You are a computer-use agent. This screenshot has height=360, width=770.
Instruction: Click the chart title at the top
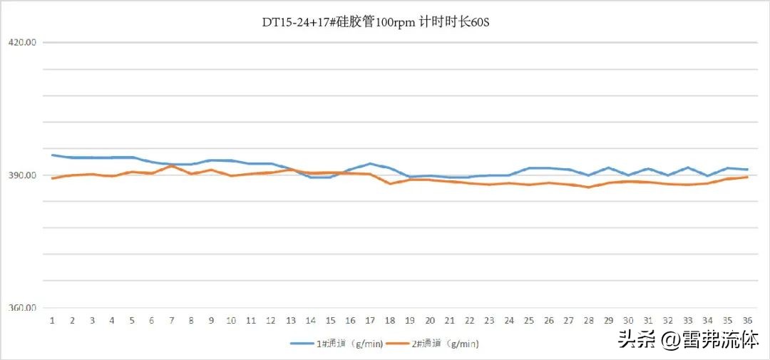click(376, 22)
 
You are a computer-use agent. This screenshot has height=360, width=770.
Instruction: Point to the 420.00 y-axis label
click(21, 42)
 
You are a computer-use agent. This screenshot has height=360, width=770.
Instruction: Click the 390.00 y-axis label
click(21, 175)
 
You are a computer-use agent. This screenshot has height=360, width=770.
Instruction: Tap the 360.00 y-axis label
click(21, 309)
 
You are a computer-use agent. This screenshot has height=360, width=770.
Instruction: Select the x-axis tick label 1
click(52, 321)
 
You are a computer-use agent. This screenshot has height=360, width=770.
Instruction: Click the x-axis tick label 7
click(171, 321)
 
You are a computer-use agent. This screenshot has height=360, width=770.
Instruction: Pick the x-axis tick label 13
click(290, 321)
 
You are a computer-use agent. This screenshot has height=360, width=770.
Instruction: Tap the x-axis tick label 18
click(390, 321)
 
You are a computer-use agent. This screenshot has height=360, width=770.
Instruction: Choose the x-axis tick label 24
click(509, 321)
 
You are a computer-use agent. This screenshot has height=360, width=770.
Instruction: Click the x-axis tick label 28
click(588, 321)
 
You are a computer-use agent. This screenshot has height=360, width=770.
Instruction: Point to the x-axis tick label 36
click(747, 321)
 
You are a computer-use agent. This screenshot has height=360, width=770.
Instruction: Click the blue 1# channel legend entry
click(337, 344)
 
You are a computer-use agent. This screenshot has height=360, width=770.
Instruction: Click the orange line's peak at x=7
click(171, 165)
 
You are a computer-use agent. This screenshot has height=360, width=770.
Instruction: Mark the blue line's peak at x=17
click(370, 163)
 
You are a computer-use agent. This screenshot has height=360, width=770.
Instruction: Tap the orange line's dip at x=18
click(390, 184)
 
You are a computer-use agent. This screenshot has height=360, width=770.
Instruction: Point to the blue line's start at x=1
click(52, 155)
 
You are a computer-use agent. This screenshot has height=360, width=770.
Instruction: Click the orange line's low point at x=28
click(588, 187)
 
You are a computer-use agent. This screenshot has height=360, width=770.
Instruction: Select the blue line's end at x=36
click(747, 170)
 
